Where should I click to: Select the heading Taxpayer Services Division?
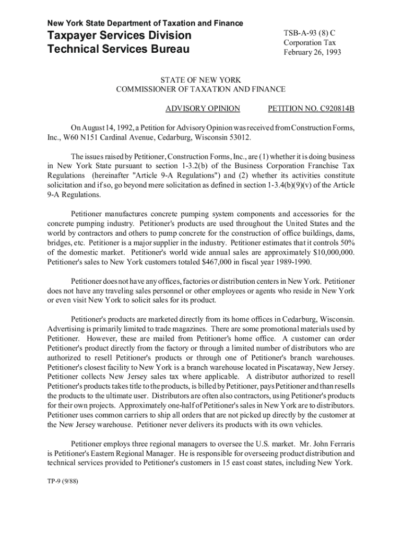[120, 36]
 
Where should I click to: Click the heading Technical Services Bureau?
[119, 50]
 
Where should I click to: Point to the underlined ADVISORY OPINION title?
[203, 109]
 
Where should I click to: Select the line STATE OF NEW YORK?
[200, 80]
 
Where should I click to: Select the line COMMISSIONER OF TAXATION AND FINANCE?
[200, 89]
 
